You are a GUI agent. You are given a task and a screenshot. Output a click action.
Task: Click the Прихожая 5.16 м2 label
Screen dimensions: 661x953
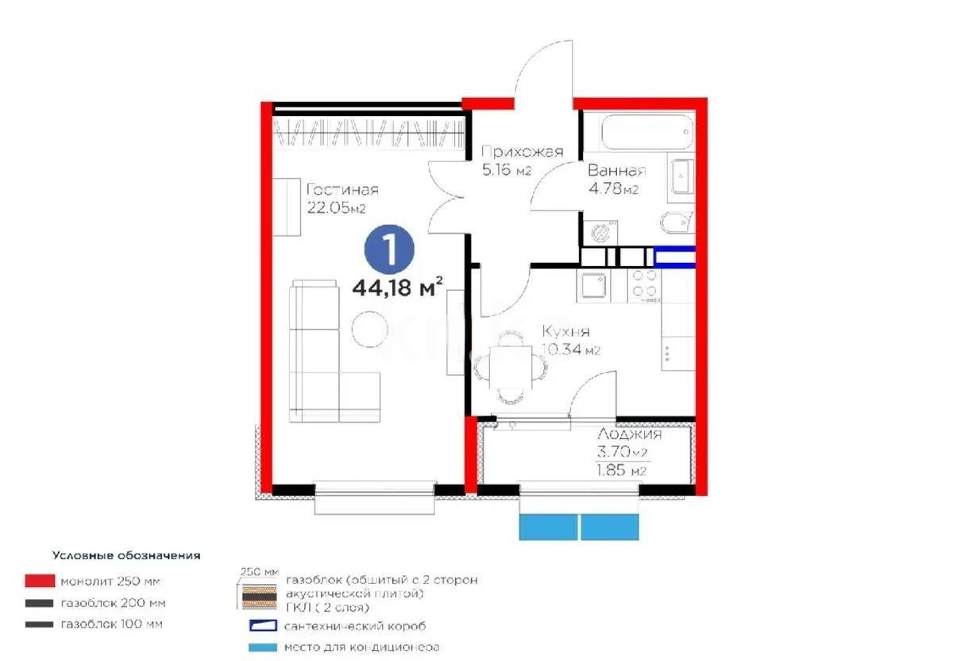tap(522, 160)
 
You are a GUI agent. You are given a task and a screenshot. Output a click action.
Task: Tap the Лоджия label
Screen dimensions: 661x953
tap(629, 435)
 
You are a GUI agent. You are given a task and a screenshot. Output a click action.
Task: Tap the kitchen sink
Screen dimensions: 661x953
tap(594, 286)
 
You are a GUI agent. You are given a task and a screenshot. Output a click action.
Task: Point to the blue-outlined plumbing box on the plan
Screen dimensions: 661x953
tap(674, 256)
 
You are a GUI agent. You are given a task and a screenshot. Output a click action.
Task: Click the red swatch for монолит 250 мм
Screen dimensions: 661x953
tap(39, 582)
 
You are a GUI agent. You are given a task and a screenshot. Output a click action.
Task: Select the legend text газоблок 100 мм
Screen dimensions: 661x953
tap(110, 624)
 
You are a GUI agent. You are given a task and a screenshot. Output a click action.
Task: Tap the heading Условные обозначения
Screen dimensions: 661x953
tap(126, 555)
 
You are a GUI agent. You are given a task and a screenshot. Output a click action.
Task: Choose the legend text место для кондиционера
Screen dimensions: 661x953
tap(362, 647)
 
